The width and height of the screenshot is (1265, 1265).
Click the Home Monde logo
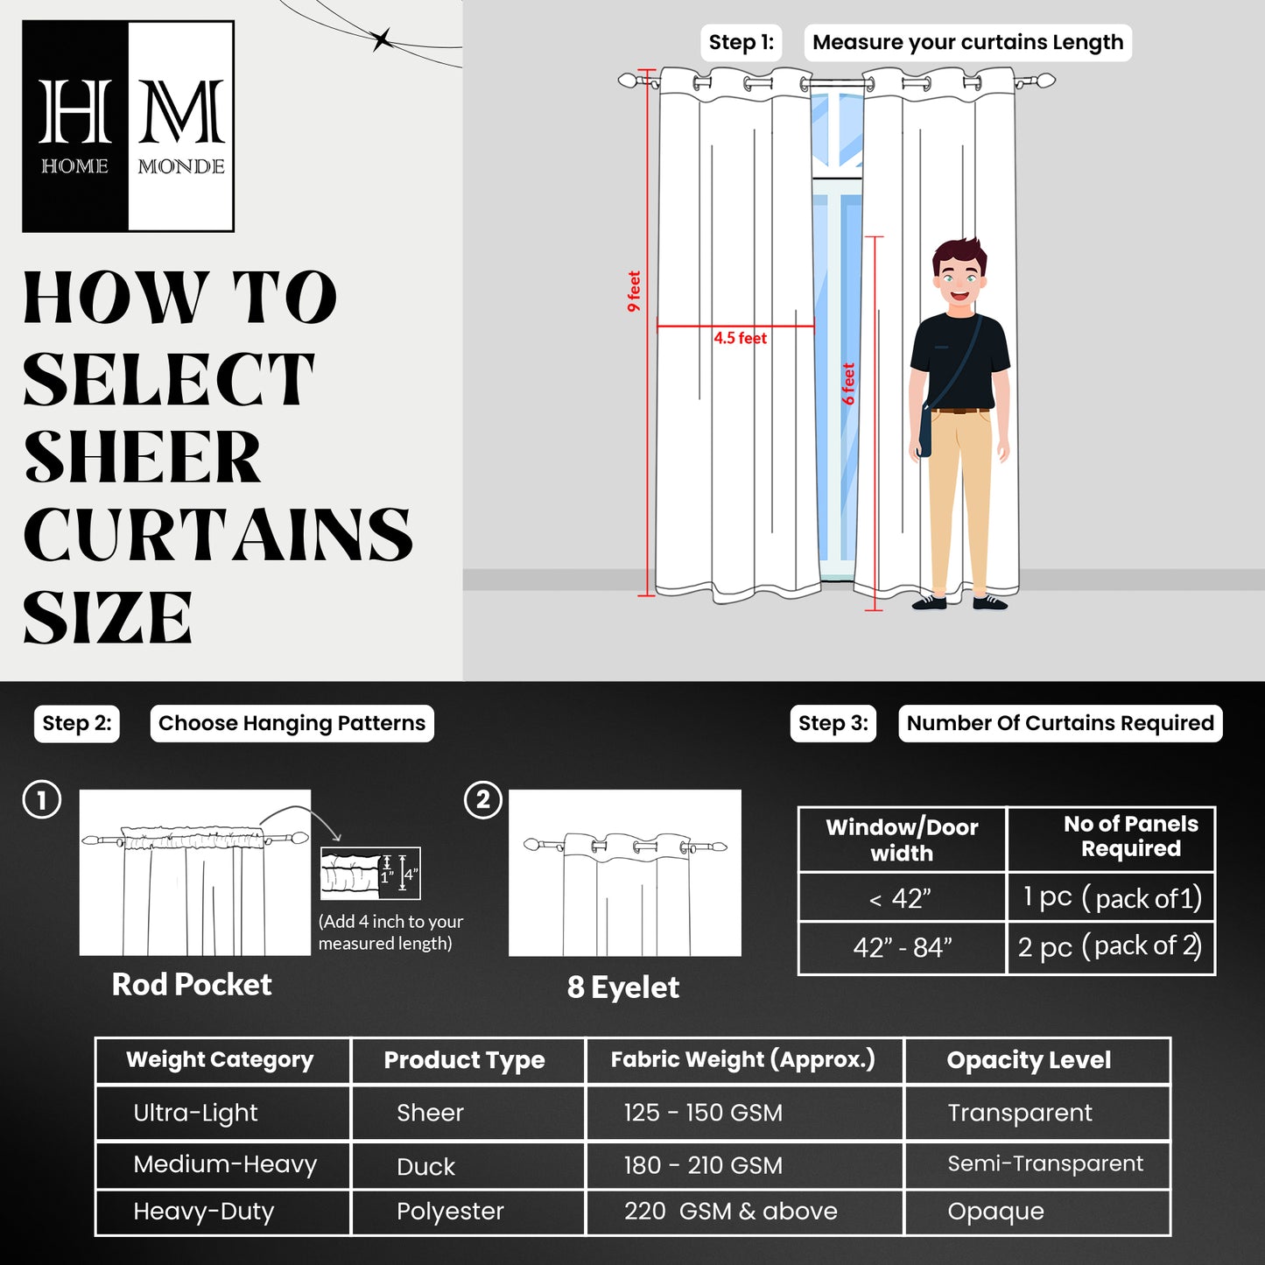point(128,126)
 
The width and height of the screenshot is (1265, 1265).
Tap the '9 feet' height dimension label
point(634,292)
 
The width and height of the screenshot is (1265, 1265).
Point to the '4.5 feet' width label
point(740,338)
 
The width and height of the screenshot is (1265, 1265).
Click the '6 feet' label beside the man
point(848,383)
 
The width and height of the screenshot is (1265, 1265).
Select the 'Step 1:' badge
point(741,42)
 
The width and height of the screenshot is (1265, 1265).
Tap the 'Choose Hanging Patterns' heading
point(292,723)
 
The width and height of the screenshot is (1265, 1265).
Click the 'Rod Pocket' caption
point(192,985)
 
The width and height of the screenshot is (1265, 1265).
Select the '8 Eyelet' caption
point(622,987)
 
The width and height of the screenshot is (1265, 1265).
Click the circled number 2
point(482,800)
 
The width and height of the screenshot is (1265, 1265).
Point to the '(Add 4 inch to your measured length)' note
point(390,932)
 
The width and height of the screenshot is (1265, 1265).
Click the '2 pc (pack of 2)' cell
point(1110,947)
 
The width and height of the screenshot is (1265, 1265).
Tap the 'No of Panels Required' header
point(1130,836)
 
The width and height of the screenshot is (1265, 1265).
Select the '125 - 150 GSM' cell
point(703,1113)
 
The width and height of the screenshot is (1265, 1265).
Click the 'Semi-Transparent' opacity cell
point(1045,1163)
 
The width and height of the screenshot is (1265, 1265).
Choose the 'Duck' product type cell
point(426,1166)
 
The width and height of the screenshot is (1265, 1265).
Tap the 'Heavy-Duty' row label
point(204,1212)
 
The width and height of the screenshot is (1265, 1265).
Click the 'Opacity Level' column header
point(1029,1060)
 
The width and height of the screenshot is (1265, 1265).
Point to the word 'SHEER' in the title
point(143,457)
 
